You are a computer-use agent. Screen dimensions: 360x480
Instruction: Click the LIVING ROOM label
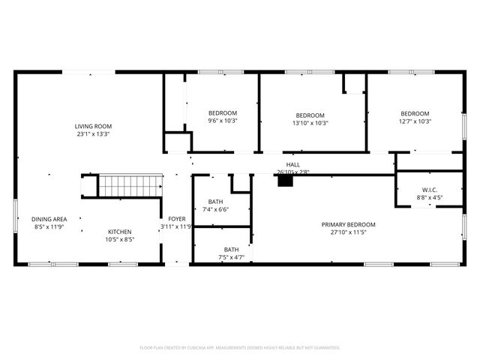93,126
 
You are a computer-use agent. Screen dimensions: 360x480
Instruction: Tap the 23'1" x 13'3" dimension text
93,135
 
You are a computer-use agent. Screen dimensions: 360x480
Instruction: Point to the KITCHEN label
120,232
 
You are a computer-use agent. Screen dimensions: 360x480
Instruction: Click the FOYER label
176,218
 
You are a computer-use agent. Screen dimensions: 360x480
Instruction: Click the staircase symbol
130,185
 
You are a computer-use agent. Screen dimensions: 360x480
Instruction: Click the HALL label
292,164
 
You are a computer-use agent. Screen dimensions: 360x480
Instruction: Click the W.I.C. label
429,190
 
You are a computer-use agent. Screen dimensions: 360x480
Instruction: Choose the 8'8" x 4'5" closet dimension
429,198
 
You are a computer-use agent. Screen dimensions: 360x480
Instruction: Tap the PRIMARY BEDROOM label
348,224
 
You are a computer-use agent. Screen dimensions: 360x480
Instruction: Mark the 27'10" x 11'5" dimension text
348,233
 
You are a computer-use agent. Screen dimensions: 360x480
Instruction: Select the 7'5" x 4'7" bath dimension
232,258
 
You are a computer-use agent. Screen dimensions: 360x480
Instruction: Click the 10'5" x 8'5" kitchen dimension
120,241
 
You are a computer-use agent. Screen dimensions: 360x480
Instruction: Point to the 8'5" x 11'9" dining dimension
48,226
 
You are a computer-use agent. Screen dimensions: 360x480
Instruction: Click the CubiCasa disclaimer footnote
240,348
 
